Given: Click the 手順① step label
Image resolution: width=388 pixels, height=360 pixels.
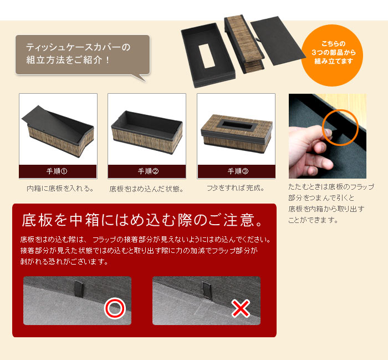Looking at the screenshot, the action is (57, 171).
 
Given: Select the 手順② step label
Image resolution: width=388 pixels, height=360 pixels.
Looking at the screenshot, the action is (148, 171).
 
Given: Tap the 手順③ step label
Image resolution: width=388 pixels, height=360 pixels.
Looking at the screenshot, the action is (238, 171).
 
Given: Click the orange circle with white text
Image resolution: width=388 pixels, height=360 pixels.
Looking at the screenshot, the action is (332, 55).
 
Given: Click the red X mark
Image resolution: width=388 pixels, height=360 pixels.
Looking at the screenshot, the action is (241, 308).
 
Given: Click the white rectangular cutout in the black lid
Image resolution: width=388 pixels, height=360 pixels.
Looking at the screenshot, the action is (206, 55).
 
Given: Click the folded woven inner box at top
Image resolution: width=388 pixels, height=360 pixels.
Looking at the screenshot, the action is (243, 44).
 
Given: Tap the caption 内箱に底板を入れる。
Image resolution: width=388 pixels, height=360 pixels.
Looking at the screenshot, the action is (60, 189).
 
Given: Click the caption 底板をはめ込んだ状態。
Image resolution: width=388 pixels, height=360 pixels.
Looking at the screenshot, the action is (147, 189).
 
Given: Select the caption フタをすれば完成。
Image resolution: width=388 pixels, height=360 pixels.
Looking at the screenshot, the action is (236, 188).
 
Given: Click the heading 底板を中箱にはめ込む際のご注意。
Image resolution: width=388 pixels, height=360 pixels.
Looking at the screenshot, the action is (142, 220).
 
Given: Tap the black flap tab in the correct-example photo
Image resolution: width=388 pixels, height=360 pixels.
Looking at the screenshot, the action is (79, 288).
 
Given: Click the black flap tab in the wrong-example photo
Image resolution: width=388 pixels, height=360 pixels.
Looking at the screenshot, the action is (207, 291).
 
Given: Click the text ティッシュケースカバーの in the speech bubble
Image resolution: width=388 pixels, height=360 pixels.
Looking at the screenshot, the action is (78, 47).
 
